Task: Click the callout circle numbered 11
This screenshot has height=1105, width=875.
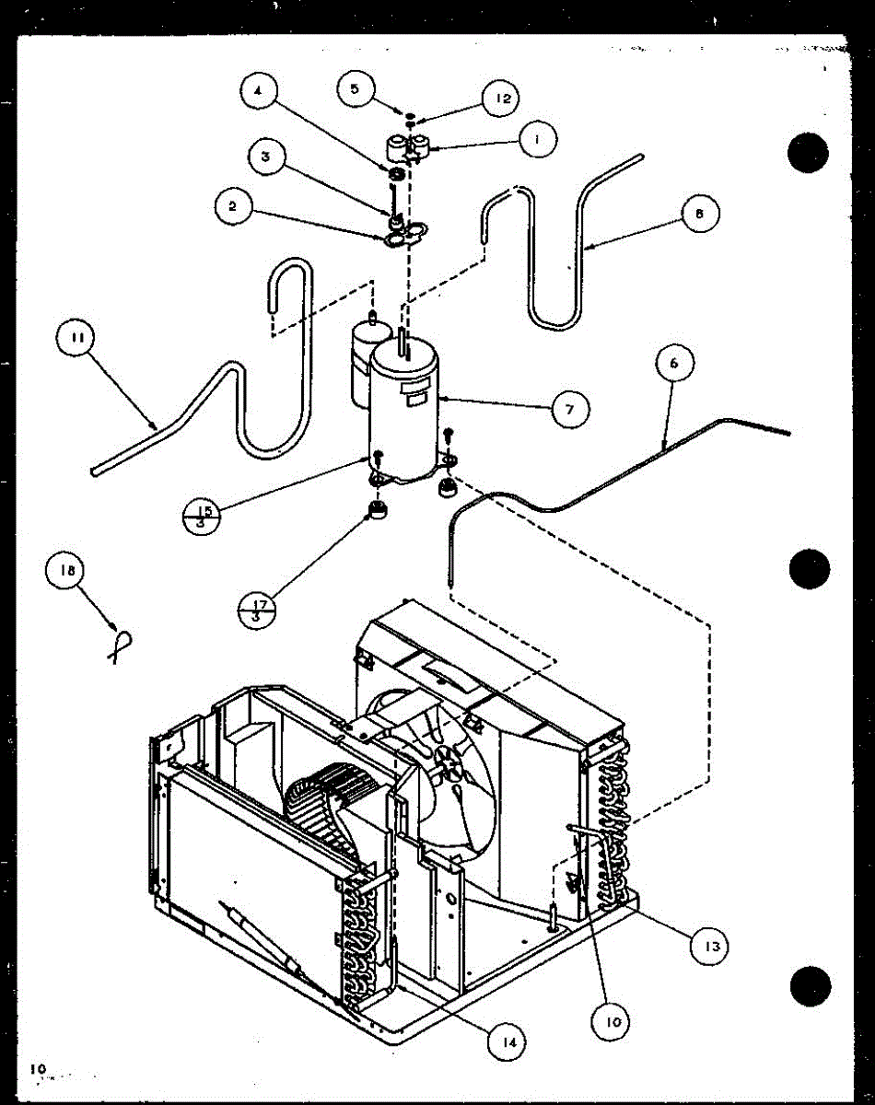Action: point(76,338)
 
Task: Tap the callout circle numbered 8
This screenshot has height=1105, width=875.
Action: point(700,215)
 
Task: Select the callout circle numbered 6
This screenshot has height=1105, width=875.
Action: point(673,363)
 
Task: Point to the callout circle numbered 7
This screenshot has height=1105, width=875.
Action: point(570,409)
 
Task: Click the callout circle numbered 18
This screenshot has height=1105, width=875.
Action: point(67,570)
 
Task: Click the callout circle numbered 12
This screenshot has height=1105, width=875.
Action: point(502,98)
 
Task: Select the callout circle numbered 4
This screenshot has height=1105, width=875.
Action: point(259,91)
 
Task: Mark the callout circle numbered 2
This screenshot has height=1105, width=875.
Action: point(232,207)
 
